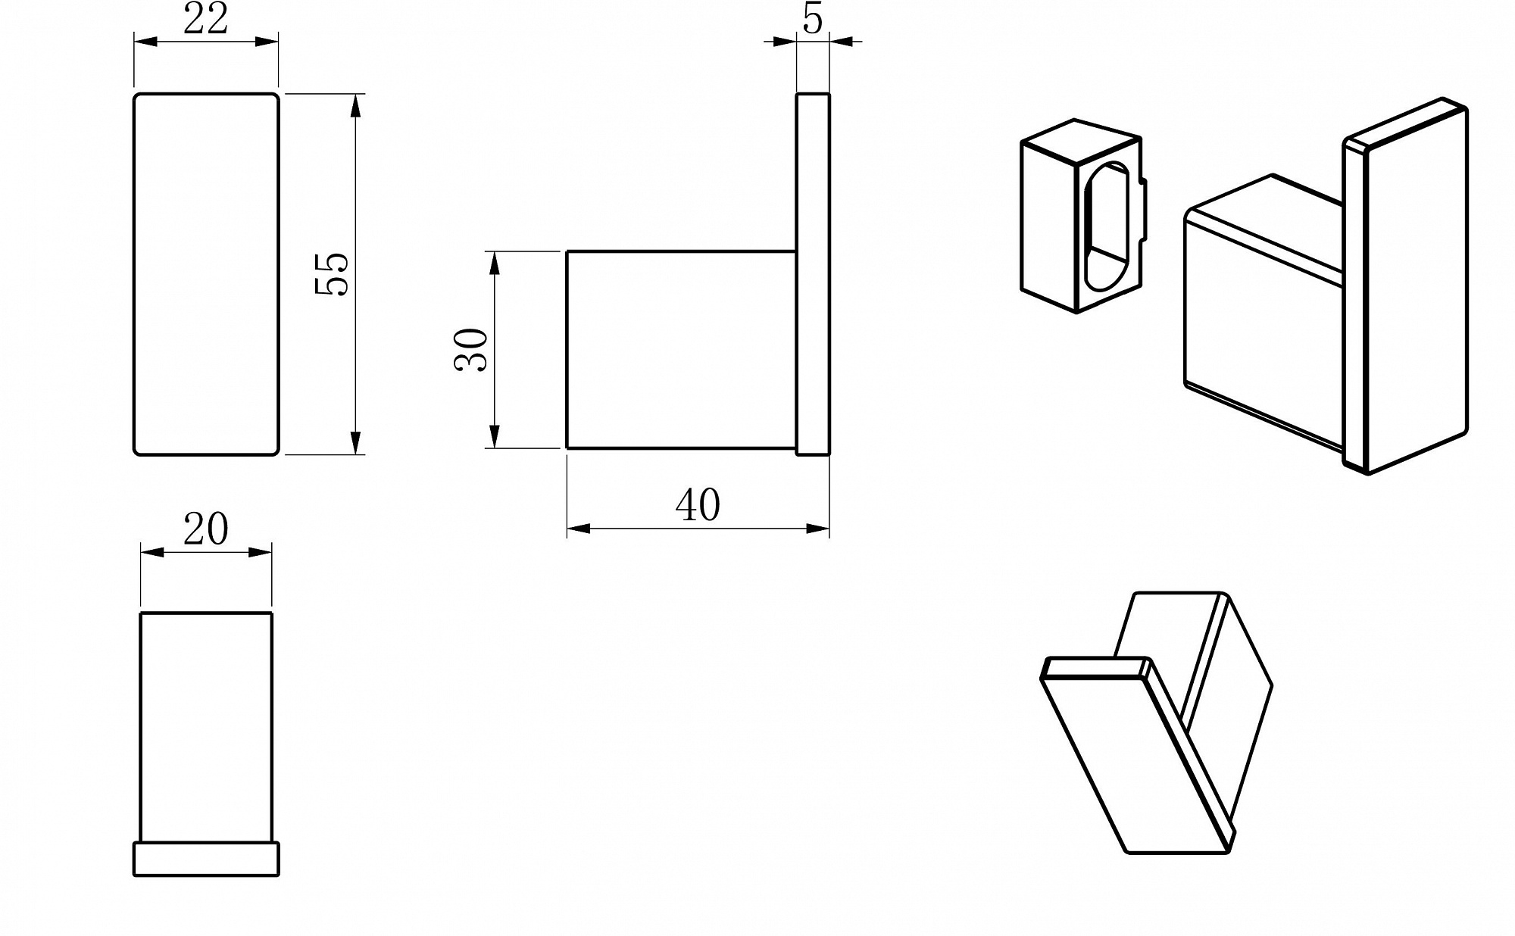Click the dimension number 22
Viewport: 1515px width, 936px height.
pyautogui.click(x=205, y=19)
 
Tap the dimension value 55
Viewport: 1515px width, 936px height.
pyautogui.click(x=332, y=273)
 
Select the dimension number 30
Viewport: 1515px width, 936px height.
pyautogui.click(x=471, y=349)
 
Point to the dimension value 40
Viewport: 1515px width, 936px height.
pyautogui.click(x=698, y=505)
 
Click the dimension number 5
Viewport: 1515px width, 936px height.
pyautogui.click(x=813, y=19)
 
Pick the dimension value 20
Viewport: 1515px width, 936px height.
pyautogui.click(x=205, y=529)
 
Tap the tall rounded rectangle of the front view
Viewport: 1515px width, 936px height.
pyautogui.click(x=206, y=273)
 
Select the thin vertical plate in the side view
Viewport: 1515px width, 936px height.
pyautogui.click(x=813, y=273)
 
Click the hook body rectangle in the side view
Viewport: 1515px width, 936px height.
pyautogui.click(x=681, y=349)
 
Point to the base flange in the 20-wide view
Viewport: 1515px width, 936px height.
pyautogui.click(x=206, y=859)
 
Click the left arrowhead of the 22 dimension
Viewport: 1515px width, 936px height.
pyautogui.click(x=145, y=41)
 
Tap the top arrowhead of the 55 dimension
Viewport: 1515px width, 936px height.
pyautogui.click(x=356, y=105)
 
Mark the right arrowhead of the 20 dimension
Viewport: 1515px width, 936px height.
pyautogui.click(x=260, y=552)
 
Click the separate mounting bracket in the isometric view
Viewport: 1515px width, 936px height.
pyautogui.click(x=1083, y=216)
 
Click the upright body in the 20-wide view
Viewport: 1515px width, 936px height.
pyautogui.click(x=206, y=727)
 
